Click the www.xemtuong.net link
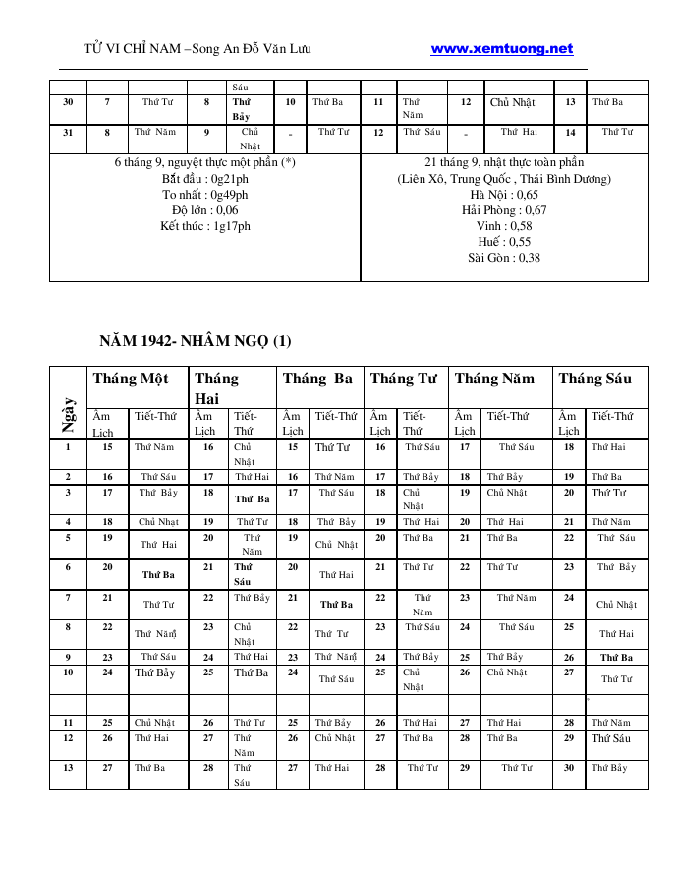[x=501, y=48]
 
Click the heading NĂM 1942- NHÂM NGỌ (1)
[x=196, y=342]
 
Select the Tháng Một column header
[x=131, y=379]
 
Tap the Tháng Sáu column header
[x=595, y=379]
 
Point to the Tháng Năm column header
[x=494, y=379]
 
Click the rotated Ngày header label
[x=69, y=416]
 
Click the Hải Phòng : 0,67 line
[x=504, y=210]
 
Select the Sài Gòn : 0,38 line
[x=504, y=258]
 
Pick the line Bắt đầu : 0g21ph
[x=205, y=179]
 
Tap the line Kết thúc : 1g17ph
[x=205, y=226]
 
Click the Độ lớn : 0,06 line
[x=205, y=210]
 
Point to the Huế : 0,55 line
[x=504, y=242]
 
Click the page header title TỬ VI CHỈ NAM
[x=197, y=49]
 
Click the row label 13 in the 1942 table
[x=68, y=768]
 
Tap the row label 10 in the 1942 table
[x=68, y=672]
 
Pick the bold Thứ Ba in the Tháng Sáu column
[x=616, y=658]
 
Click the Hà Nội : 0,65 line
[x=504, y=195]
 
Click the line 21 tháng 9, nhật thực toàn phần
[x=504, y=162]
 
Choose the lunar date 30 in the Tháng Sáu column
[x=569, y=768]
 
